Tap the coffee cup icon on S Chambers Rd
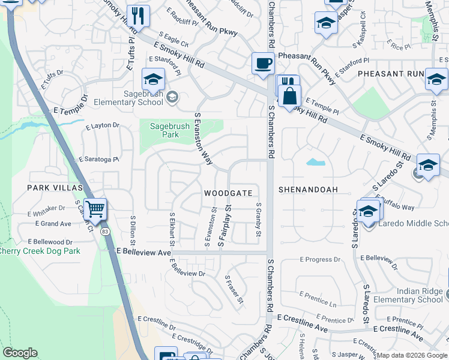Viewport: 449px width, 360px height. (262, 64)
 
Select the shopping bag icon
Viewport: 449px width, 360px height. (289, 95)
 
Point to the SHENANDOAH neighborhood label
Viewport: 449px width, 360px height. (308, 190)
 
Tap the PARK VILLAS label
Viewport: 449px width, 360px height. (54, 188)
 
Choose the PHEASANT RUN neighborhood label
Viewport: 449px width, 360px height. (390, 73)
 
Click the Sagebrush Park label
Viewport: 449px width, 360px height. (169, 130)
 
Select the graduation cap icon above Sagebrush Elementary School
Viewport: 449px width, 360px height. (153, 79)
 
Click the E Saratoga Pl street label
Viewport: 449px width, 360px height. (99, 160)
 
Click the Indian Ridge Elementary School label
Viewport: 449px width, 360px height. (408, 295)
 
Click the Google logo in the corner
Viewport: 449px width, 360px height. (20, 353)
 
